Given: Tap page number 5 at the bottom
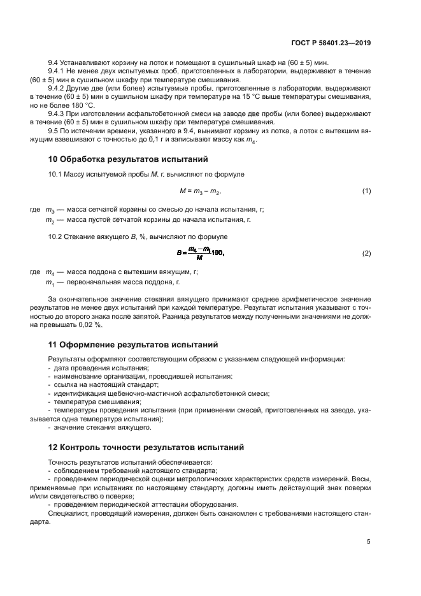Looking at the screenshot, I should pyautogui.click(x=369, y=542).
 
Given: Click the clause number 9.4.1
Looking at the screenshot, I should pyautogui.click(x=58, y=72).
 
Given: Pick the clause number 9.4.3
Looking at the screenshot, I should pyautogui.click(x=58, y=113).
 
